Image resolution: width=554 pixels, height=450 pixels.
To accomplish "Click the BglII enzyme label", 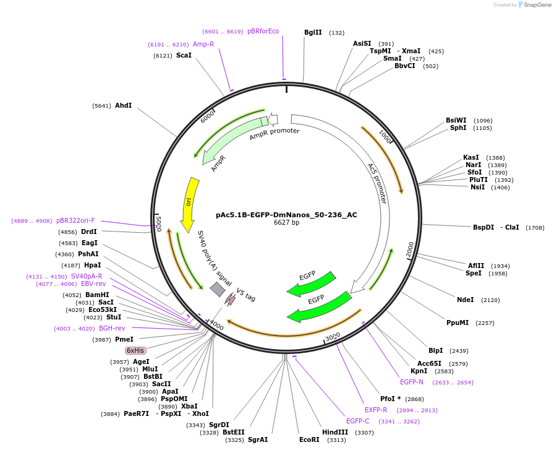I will pyautogui.click(x=313, y=32).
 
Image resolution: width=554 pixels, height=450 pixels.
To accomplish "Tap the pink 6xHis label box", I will pyautogui.click(x=135, y=350).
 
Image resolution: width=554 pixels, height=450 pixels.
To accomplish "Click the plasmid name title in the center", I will pyautogui.click(x=286, y=215).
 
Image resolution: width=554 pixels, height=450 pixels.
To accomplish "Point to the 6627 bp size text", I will pyautogui.click(x=286, y=223).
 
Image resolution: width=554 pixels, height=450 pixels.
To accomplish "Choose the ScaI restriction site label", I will pyautogui.click(x=184, y=55).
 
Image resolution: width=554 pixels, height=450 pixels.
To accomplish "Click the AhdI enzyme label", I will pyautogui.click(x=123, y=105).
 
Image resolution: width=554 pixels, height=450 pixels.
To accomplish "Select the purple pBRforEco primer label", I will pyautogui.click(x=263, y=31).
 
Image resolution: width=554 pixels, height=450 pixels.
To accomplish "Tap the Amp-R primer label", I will pyautogui.click(x=203, y=44).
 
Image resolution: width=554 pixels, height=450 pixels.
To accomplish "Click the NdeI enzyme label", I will pyautogui.click(x=465, y=300).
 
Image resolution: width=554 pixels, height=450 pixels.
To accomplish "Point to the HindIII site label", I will pyautogui.click(x=335, y=432).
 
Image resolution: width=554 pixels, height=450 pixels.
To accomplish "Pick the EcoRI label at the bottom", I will pyautogui.click(x=309, y=439).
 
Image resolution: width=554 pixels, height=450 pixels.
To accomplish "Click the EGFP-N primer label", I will pyautogui.click(x=411, y=382).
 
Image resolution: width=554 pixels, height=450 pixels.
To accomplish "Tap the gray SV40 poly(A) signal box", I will pyautogui.click(x=218, y=289).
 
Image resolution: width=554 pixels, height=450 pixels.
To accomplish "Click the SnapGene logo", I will pyautogui.click(x=534, y=5).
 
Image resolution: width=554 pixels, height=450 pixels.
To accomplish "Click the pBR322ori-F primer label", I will pyautogui.click(x=75, y=220).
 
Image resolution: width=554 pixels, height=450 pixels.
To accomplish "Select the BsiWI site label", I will pyautogui.click(x=456, y=120).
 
